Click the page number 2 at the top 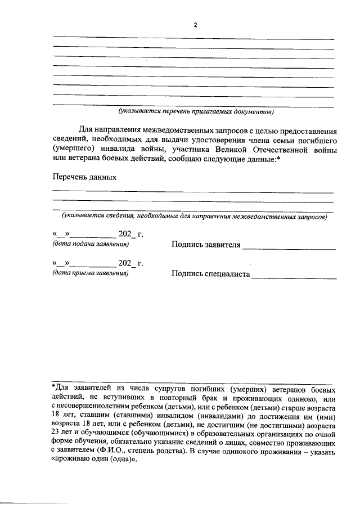[195, 25]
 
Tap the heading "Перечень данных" [84, 177]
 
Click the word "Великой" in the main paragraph [235, 150]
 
